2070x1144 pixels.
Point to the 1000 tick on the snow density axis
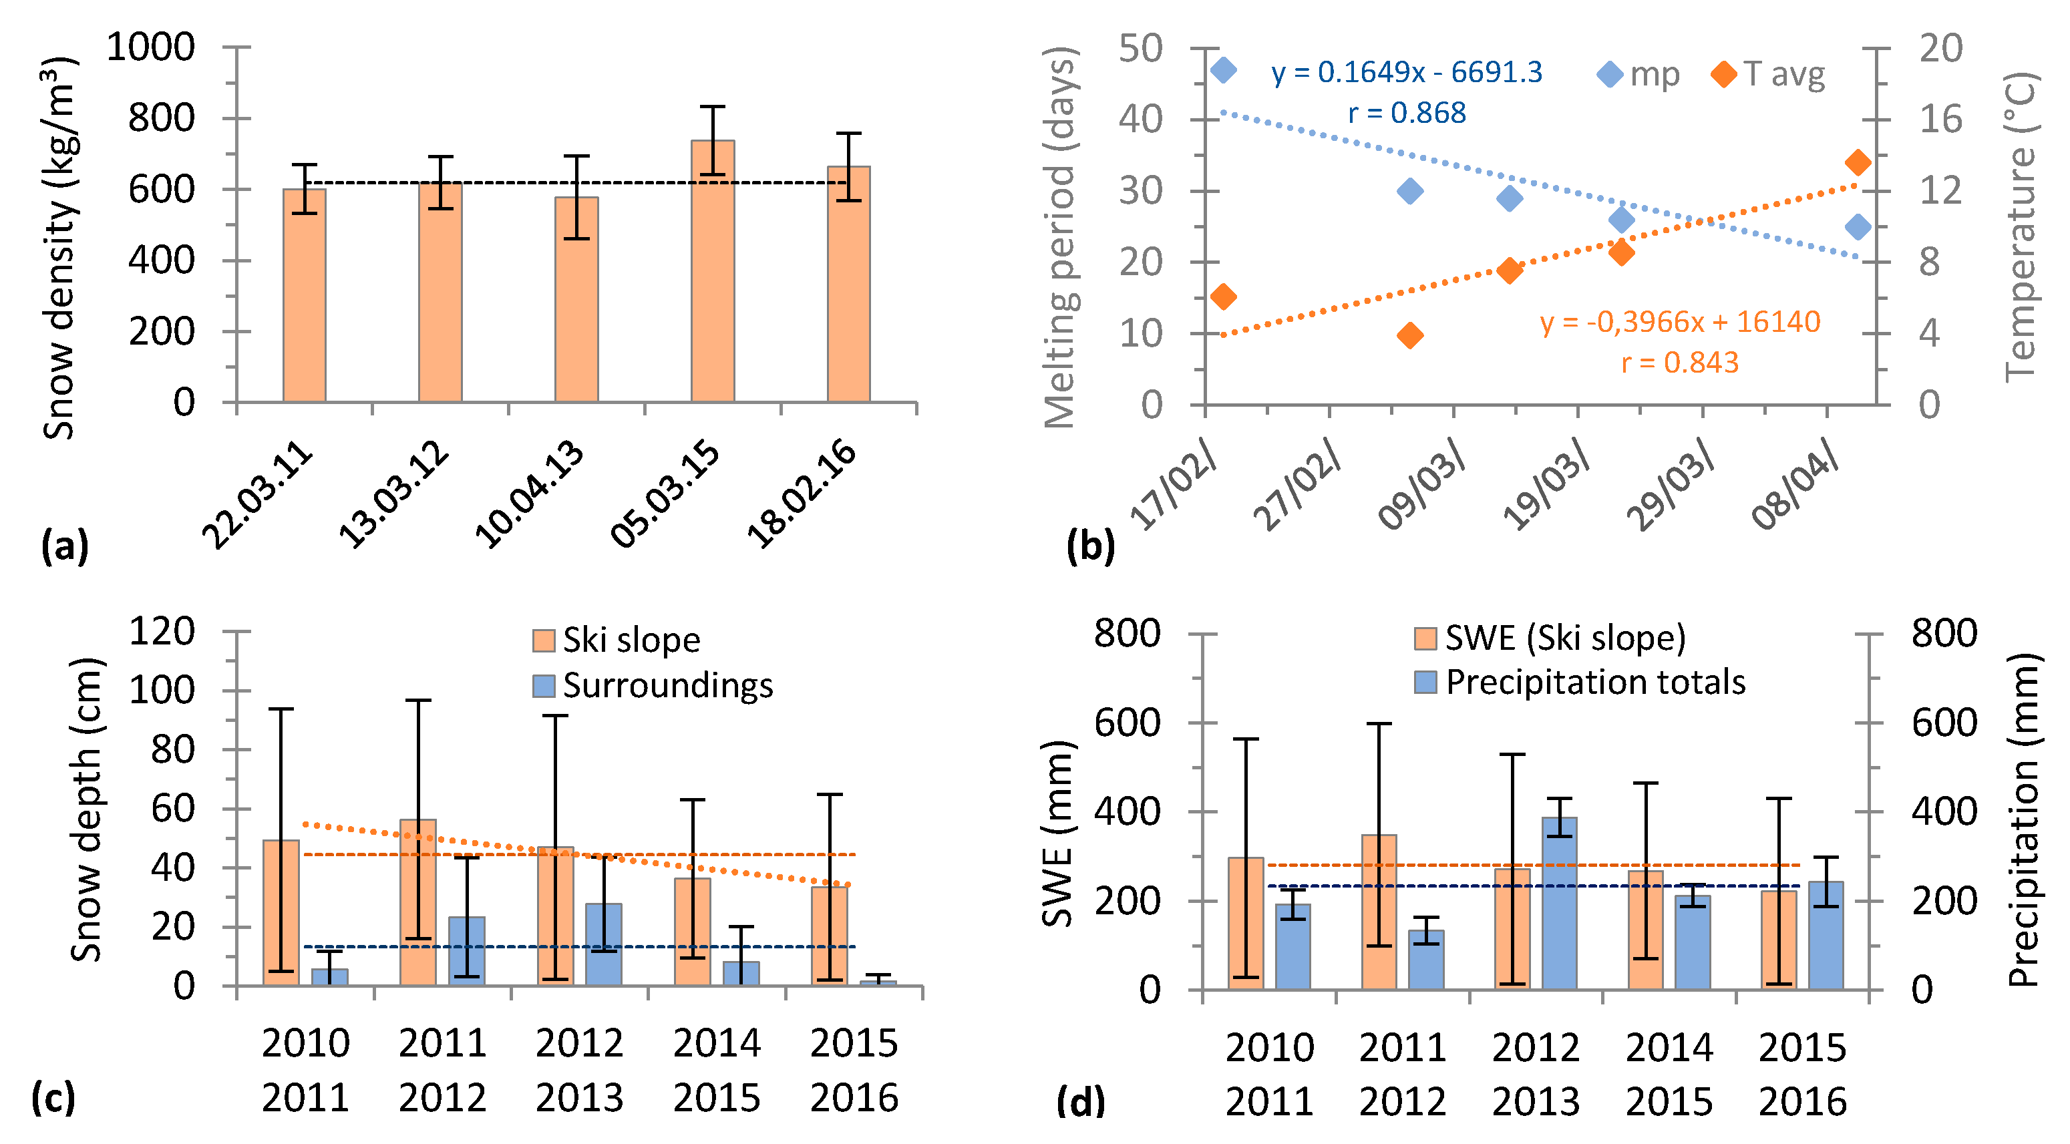point(151,47)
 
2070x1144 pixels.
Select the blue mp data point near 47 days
point(1223,70)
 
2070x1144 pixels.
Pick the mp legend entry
point(1639,75)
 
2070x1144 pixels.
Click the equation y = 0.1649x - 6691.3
point(1406,72)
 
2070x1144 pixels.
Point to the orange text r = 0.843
point(1679,363)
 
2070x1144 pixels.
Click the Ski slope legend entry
point(617,640)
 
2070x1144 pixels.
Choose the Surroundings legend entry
point(653,685)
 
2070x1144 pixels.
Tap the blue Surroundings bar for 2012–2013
point(603,944)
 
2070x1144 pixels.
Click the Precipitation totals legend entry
point(1580,682)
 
